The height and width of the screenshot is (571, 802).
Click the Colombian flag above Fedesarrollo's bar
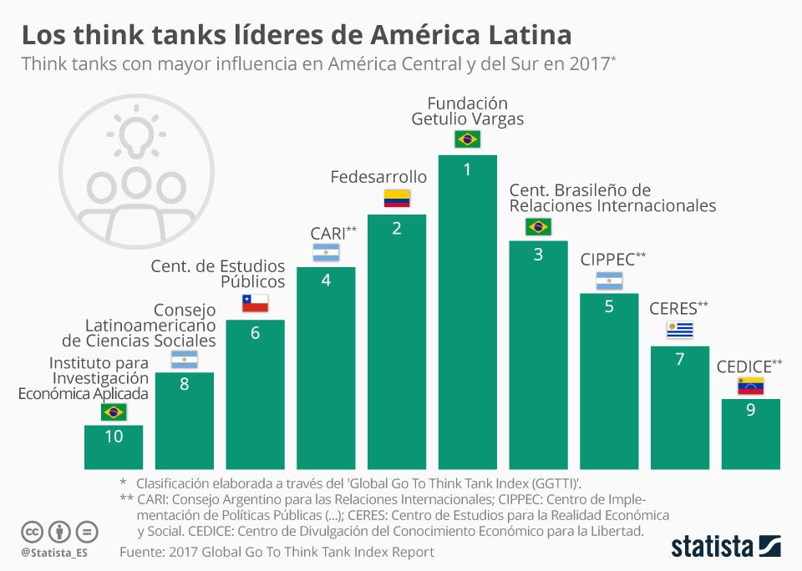(x=397, y=199)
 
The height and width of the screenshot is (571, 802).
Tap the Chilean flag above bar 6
(x=255, y=304)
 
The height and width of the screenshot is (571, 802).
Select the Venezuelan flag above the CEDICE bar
(x=750, y=385)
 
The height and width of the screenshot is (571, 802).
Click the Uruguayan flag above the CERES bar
(x=679, y=331)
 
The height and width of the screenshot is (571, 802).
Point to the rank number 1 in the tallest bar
(x=467, y=169)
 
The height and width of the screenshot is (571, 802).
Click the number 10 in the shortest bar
(x=114, y=437)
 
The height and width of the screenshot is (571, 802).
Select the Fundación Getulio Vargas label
(x=467, y=111)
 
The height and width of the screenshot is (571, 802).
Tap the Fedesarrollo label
(x=378, y=177)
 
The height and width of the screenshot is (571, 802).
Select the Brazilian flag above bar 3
(x=537, y=226)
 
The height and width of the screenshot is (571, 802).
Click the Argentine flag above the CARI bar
(x=326, y=252)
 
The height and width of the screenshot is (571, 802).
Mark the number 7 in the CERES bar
(x=679, y=360)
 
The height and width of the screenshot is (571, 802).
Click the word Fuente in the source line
(x=141, y=552)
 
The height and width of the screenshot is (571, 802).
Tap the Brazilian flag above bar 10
(x=114, y=412)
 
